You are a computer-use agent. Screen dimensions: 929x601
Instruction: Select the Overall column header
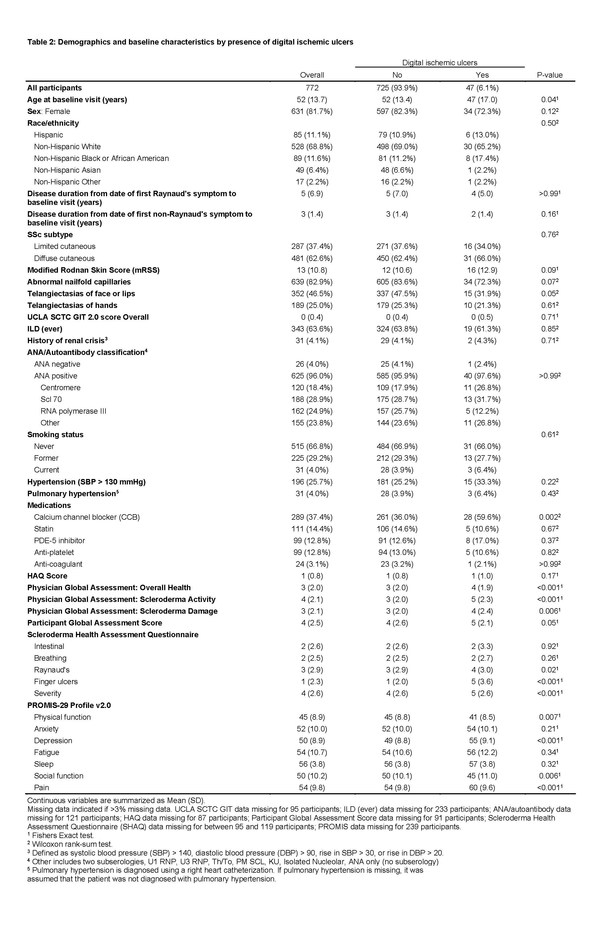312,75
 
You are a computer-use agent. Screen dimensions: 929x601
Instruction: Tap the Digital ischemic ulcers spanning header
440,63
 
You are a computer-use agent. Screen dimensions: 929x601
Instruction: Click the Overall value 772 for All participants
312,88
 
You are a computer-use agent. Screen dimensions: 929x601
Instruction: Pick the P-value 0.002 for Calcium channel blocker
549,517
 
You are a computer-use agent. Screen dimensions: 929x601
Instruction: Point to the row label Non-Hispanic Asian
67,170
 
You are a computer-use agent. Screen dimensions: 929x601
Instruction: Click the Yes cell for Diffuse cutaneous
482,258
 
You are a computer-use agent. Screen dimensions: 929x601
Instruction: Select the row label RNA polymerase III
73,411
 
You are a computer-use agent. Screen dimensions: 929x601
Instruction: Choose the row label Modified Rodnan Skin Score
93,270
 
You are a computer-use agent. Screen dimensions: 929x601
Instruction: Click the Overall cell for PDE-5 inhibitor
312,541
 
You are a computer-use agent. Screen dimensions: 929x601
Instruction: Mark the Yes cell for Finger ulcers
482,681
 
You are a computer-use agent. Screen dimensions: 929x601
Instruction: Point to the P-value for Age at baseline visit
549,99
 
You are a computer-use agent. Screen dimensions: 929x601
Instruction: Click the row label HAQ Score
47,576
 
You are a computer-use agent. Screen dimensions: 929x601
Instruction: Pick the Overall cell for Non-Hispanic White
312,147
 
